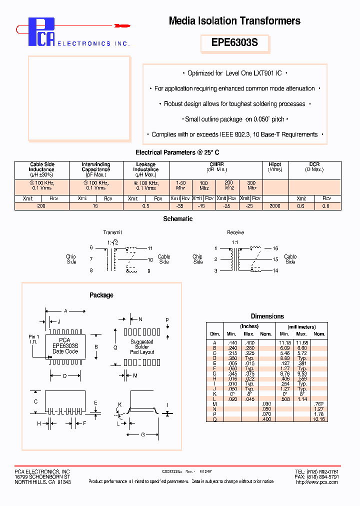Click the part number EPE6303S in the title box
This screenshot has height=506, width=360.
(x=234, y=43)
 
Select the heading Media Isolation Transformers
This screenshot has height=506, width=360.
(x=234, y=21)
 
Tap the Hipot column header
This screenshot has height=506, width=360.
(x=275, y=164)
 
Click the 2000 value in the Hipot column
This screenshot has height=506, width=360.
(x=275, y=206)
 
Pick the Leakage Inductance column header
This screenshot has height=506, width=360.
(x=145, y=167)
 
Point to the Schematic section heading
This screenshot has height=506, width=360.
(x=177, y=219)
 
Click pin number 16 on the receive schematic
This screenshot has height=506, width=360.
(x=275, y=248)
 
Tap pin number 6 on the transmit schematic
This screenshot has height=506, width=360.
(x=91, y=247)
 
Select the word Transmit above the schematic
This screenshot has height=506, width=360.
(x=112, y=232)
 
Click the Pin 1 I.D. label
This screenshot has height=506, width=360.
(x=34, y=340)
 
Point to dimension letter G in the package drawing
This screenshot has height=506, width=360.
(x=142, y=435)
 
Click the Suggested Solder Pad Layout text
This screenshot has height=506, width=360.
(x=142, y=347)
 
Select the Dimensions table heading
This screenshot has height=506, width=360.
(x=267, y=316)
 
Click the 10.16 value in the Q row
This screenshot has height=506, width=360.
(x=318, y=419)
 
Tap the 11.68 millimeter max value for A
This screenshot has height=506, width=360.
(x=301, y=342)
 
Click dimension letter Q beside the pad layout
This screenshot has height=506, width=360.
(x=115, y=346)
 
